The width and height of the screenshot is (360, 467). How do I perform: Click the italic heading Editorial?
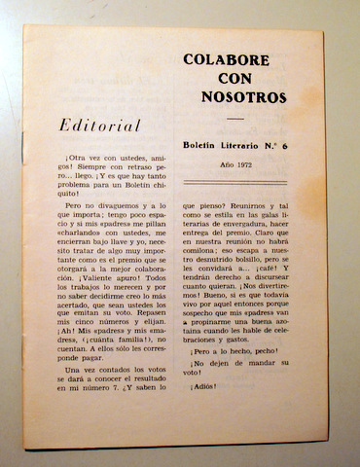pos(101,126)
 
